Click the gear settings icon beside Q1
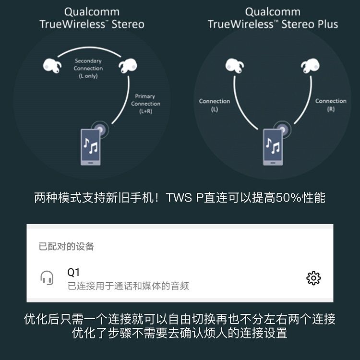coord(313,278)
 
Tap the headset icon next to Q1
coord(47,278)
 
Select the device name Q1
coord(73,272)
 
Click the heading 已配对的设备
coord(66,246)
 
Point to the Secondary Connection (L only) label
coord(88,69)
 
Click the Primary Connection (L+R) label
coord(145,104)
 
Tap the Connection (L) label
coord(215,105)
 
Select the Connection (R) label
coord(331,105)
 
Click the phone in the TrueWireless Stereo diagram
coord(91,147)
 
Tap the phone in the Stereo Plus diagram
coord(273,147)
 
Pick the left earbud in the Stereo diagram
coord(52,66)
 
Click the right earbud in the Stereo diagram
coord(128,66)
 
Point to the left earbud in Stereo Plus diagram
coord(235,66)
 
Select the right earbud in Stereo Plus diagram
coord(310,66)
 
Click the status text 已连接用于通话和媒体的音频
coord(128,286)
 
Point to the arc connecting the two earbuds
coord(89,48)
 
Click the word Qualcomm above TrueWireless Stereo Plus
coord(273,12)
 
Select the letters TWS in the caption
coord(179,197)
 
